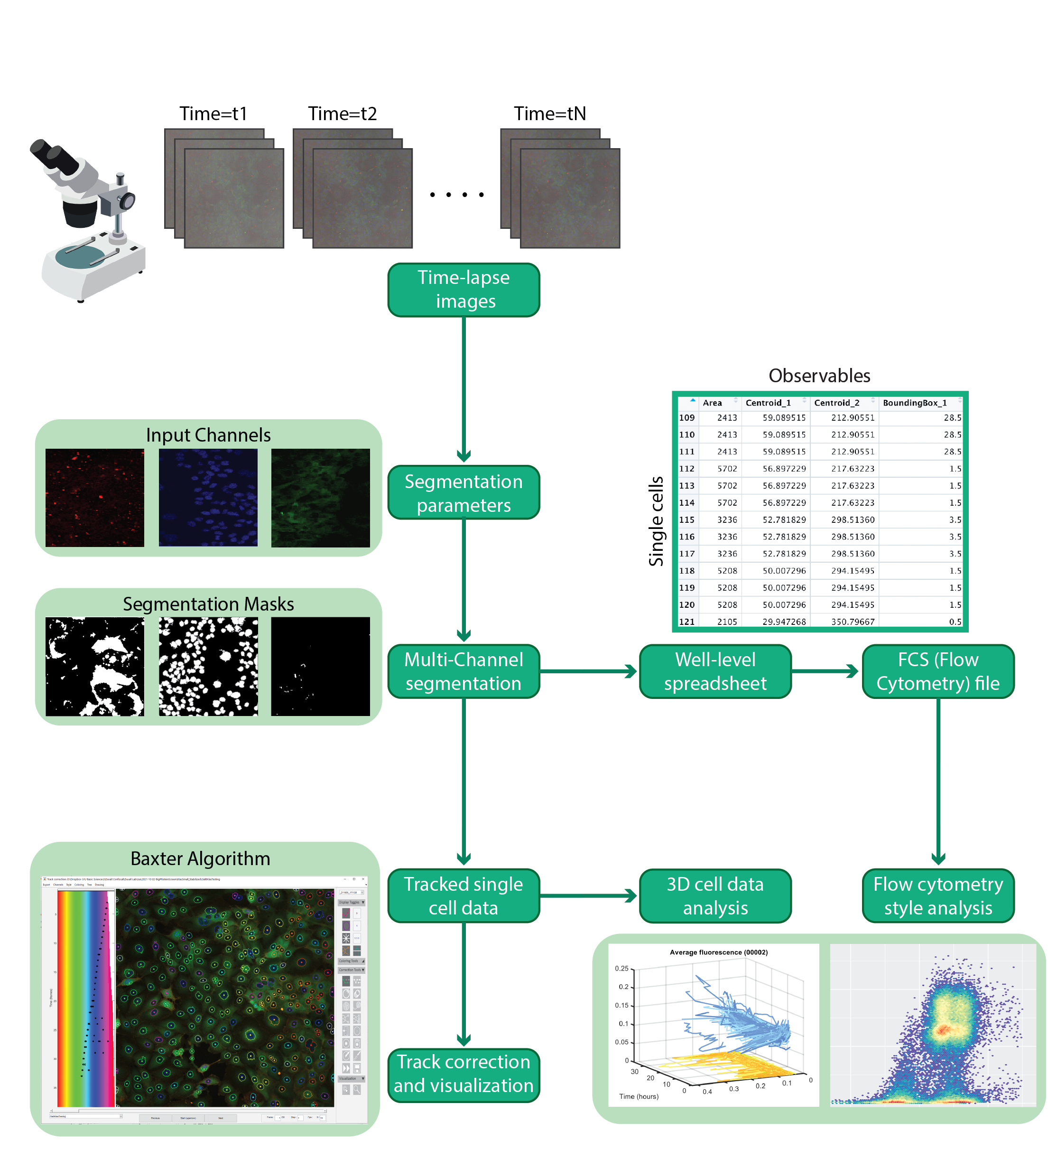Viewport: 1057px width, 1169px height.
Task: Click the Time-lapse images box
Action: pyautogui.click(x=463, y=289)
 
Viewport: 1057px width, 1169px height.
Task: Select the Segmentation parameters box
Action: pyautogui.click(x=463, y=492)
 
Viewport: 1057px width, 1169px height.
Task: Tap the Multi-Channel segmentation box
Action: pyautogui.click(x=463, y=670)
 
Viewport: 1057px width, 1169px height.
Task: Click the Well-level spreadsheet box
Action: pyautogui.click(x=714, y=670)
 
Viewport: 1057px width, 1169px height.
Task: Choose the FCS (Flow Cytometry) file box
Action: pyautogui.click(x=937, y=670)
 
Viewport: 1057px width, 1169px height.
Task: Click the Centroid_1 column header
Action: pyautogui.click(x=767, y=403)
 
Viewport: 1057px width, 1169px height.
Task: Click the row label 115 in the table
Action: pyautogui.click(x=686, y=519)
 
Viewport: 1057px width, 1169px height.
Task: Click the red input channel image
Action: pyautogui.click(x=94, y=497)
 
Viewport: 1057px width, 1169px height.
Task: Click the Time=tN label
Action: pyautogui.click(x=549, y=113)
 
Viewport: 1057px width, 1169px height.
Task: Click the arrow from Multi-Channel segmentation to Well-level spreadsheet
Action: pyautogui.click(x=588, y=671)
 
